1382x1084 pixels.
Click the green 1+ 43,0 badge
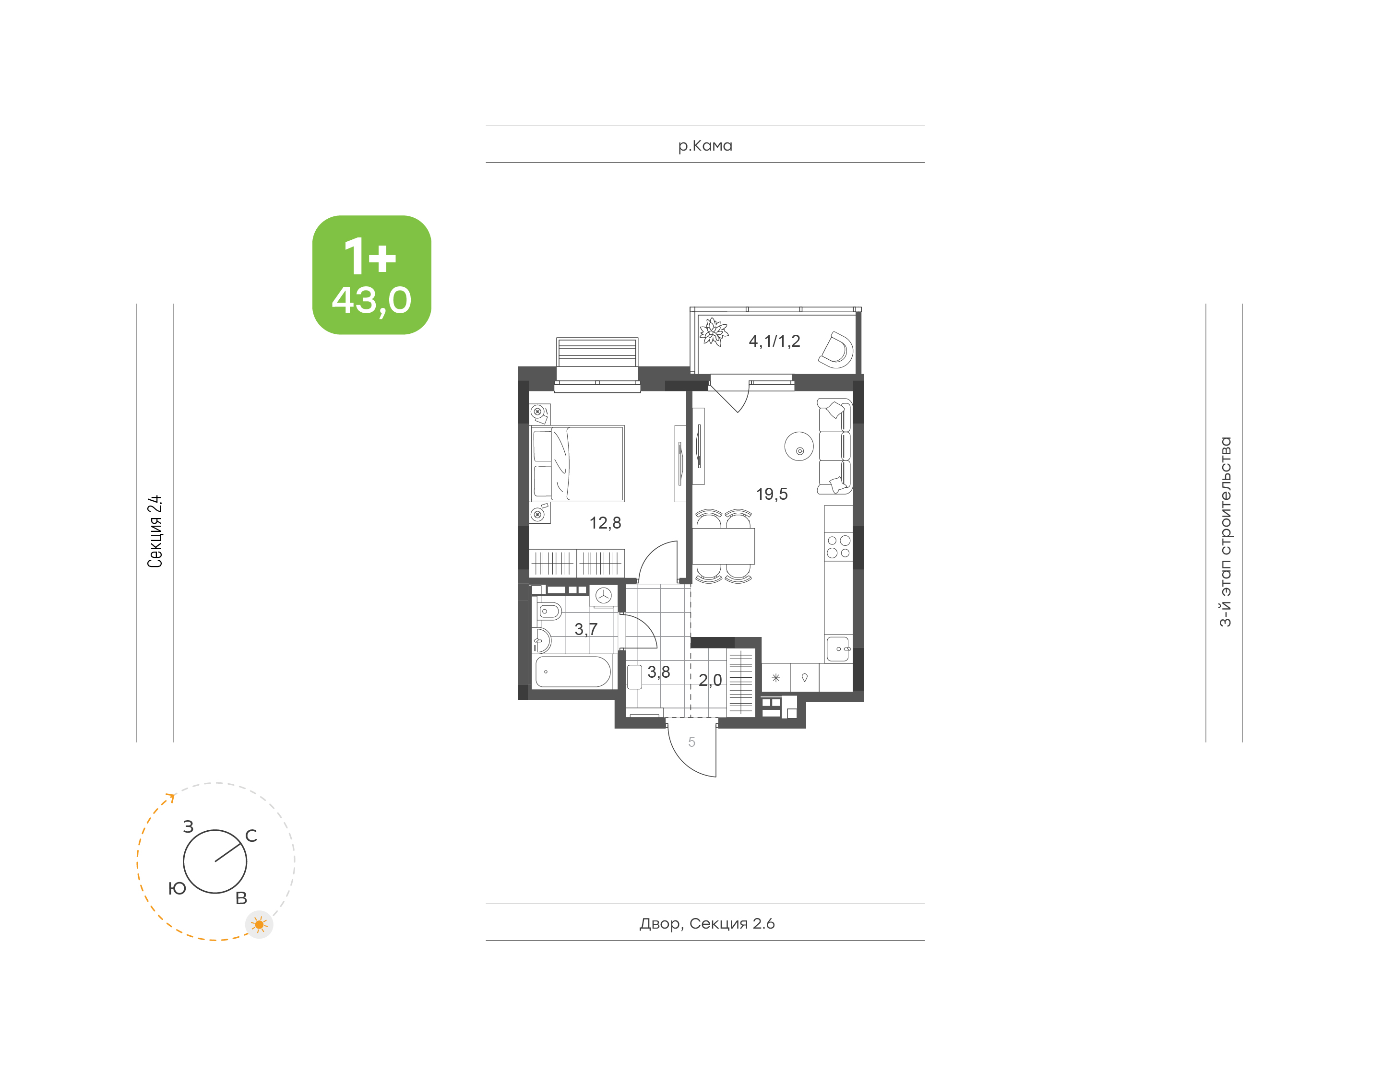click(x=371, y=275)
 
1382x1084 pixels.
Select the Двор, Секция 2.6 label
click(x=706, y=923)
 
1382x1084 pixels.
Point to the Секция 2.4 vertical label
click(x=155, y=531)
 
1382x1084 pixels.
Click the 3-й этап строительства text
click(x=1225, y=532)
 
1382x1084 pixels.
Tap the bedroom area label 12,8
click(x=605, y=523)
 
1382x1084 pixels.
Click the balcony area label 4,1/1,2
click(x=774, y=341)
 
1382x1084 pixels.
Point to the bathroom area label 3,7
click(x=586, y=629)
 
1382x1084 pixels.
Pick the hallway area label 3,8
click(x=658, y=672)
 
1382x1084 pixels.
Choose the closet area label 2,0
click(x=710, y=680)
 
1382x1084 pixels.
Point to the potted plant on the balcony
click(x=713, y=332)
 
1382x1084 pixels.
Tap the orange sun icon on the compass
click(x=259, y=925)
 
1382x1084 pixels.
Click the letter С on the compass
click(x=251, y=836)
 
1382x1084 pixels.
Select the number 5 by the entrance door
click(x=691, y=742)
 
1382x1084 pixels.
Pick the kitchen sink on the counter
click(x=838, y=648)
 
